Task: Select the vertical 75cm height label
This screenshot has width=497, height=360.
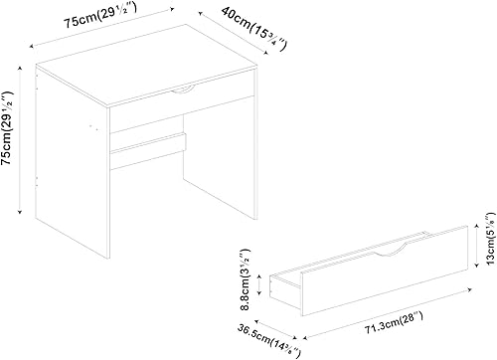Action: coord(9,138)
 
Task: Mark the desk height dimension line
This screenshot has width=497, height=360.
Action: coord(21,138)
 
